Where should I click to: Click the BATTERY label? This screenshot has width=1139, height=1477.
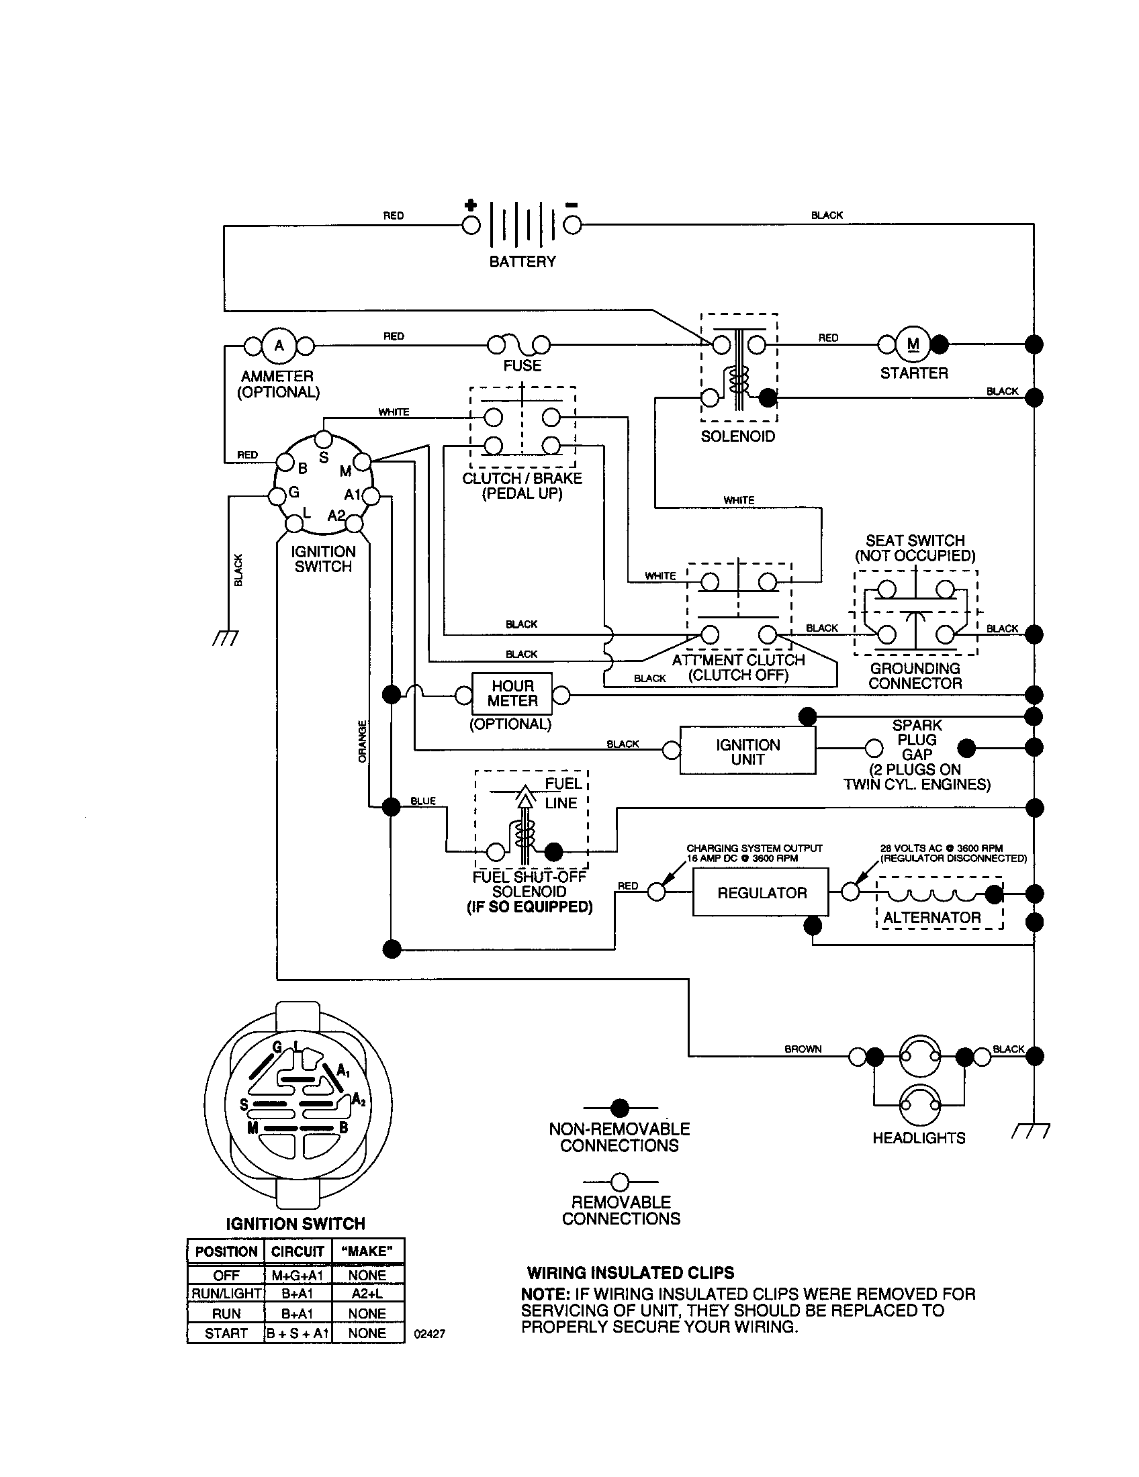[x=522, y=262]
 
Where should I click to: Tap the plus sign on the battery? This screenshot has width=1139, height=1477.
[x=471, y=205]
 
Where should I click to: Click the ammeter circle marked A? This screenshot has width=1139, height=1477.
[x=279, y=346]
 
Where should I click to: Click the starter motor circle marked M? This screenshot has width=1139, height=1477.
[x=913, y=344]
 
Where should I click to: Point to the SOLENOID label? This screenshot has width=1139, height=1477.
[x=737, y=436]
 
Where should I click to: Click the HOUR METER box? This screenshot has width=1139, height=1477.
[x=512, y=694]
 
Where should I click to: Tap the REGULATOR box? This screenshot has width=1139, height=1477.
[x=761, y=893]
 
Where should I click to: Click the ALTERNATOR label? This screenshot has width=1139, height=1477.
[x=931, y=918]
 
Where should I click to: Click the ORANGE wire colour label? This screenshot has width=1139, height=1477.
[x=363, y=741]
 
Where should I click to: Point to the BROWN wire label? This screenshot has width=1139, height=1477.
[x=803, y=1049]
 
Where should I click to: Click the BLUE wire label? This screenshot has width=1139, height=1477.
[x=423, y=801]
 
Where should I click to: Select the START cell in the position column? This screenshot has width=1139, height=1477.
[x=226, y=1333]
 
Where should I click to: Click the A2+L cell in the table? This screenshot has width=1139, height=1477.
[x=367, y=1293]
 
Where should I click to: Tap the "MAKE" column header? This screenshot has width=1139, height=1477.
[x=367, y=1251]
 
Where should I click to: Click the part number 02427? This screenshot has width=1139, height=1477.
[x=430, y=1333]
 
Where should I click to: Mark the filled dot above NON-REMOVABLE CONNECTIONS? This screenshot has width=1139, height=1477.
[x=620, y=1108]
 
